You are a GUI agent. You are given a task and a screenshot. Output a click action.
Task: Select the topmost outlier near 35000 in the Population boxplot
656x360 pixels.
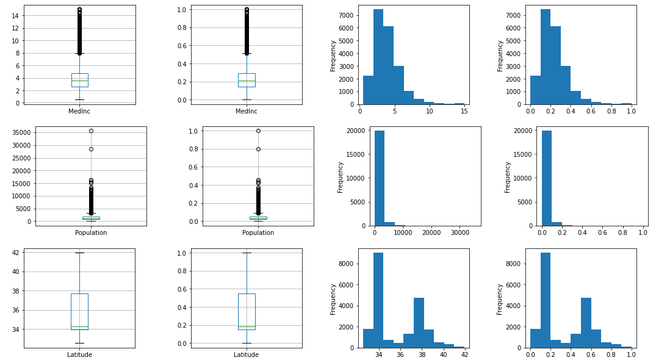click(91, 131)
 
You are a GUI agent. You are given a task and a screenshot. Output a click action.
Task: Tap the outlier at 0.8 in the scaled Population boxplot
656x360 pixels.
click(258, 149)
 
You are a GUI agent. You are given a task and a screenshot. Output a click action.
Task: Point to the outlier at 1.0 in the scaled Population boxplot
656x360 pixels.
click(258, 131)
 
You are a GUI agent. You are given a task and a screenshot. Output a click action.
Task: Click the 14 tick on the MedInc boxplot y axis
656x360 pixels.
click(16, 16)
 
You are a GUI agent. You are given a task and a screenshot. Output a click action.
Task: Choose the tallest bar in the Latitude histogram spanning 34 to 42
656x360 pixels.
click(378, 300)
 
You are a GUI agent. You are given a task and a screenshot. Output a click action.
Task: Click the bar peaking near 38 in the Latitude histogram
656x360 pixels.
click(419, 322)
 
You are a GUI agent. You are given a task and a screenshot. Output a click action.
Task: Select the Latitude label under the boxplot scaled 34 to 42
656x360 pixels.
click(79, 355)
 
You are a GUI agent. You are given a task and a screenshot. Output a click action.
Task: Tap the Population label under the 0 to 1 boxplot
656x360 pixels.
click(258, 232)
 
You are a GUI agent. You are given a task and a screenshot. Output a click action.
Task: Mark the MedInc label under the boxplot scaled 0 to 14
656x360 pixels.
click(79, 111)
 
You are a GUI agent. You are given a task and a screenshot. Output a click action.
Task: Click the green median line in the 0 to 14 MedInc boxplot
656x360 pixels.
click(79, 81)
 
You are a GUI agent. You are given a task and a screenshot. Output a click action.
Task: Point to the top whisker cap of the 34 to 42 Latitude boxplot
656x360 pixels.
click(79, 253)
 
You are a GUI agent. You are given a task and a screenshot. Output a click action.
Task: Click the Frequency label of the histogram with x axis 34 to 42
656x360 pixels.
click(333, 298)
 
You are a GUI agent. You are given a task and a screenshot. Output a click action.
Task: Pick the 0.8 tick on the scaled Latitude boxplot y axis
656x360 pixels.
click(182, 271)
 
